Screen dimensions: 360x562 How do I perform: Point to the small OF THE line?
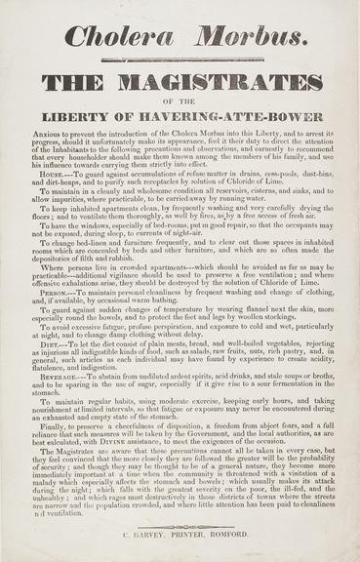coord(180,100)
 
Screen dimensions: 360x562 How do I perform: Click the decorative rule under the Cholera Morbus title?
coord(180,60)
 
